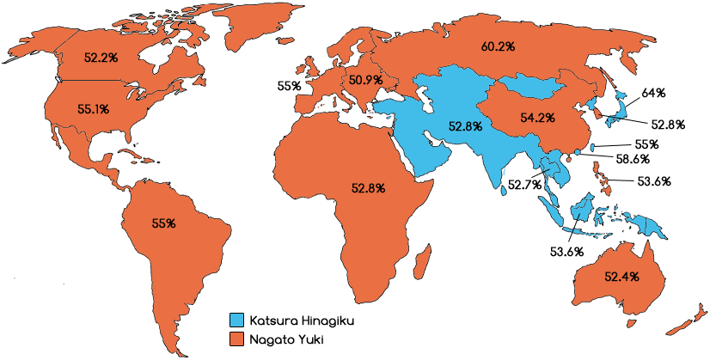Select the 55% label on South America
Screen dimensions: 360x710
click(x=163, y=223)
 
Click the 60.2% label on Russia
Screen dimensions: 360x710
click(x=499, y=46)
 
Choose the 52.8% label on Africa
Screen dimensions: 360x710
click(x=368, y=186)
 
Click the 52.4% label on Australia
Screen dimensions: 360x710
click(x=621, y=277)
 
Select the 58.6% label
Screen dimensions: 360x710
click(x=633, y=159)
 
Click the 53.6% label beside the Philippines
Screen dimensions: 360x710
click(x=654, y=181)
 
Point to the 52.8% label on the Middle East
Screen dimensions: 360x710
click(x=465, y=125)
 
